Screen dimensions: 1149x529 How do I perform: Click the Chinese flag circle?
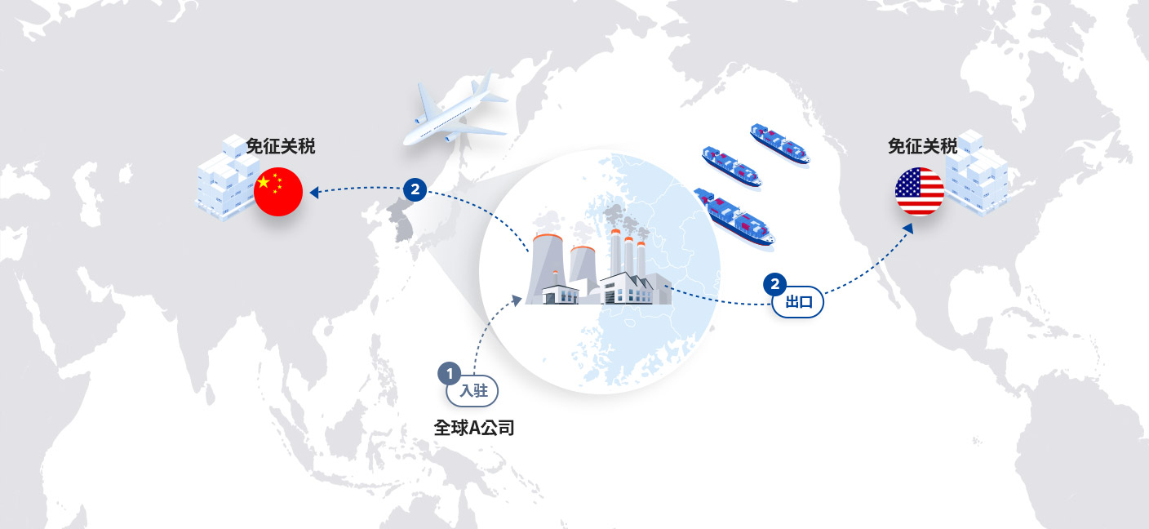point(278,192)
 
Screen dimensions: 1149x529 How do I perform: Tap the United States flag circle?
point(920,191)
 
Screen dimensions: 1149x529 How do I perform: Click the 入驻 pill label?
point(473,391)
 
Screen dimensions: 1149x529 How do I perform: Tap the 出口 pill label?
point(798,302)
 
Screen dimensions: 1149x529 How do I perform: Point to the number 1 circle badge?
point(450,374)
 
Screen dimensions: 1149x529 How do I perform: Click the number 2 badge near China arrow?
point(415,190)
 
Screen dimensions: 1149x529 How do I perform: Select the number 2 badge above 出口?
point(775,284)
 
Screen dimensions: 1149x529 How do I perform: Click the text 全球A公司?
point(474,428)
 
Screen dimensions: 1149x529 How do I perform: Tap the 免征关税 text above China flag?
point(280,146)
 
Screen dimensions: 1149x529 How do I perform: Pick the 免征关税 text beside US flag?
point(922,146)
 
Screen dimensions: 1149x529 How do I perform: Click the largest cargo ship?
point(734,217)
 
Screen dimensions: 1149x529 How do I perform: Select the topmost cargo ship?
point(780,143)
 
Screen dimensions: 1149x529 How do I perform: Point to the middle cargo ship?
point(731,167)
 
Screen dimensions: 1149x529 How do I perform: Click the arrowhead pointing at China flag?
point(314,193)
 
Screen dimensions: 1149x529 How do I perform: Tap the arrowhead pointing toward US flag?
point(908,229)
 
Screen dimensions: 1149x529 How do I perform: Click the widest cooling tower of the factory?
point(546,268)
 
